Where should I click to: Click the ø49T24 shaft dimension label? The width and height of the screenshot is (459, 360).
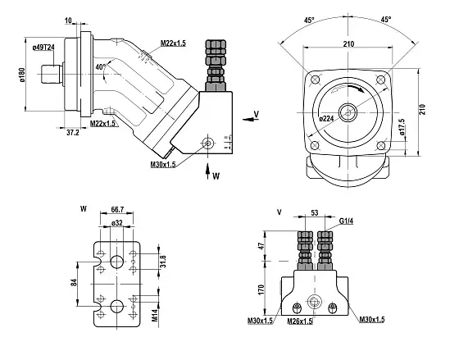pos(43,48)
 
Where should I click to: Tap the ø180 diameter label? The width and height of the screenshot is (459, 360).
pos(23,75)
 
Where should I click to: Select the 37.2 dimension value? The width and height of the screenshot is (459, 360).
pos(73,133)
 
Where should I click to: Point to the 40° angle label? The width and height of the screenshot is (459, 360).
pos(100,67)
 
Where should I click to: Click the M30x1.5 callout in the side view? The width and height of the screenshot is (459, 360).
pos(163,165)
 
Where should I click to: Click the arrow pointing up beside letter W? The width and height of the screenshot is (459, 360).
pos(207,171)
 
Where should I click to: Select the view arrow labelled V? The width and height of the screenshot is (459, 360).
pos(249,119)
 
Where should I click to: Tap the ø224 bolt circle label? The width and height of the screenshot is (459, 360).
pos(326,119)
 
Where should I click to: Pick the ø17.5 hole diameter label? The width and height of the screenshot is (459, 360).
pos(402,127)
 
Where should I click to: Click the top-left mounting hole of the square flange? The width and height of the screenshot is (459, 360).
pos(315,80)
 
